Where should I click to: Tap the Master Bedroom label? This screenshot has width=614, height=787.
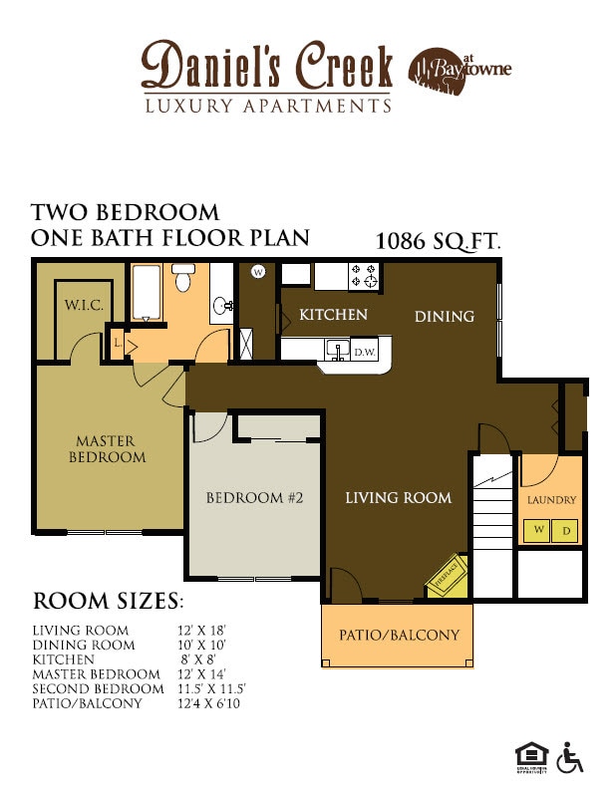pos(107,449)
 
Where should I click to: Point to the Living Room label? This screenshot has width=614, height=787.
pos(398,498)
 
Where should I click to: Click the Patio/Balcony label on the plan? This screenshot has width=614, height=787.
pos(399,635)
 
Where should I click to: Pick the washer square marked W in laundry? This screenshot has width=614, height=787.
pos(538,530)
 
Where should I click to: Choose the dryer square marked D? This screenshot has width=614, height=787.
pos(565,530)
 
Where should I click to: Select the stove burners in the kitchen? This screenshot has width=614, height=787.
pos(364,274)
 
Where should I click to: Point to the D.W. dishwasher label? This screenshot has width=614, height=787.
pos(364,352)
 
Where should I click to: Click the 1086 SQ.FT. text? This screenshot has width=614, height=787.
pos(438,241)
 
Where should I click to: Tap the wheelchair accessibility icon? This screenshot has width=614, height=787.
pos(569,758)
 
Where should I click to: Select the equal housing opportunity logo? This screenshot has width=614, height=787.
pos(527,757)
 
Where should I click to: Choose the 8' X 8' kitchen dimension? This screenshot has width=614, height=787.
pos(199,659)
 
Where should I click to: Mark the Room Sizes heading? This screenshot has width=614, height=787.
pos(108,602)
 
